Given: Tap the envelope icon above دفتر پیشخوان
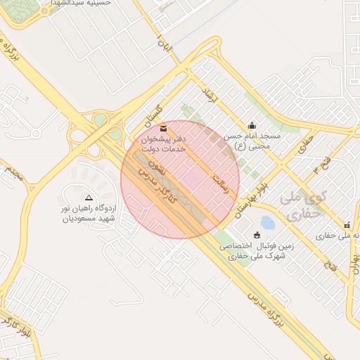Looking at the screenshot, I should click(x=164, y=129).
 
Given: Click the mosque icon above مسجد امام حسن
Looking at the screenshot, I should click(x=252, y=125).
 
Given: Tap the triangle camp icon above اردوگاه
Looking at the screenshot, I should click(x=89, y=198).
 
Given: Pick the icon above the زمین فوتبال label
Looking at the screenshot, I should click(x=256, y=235).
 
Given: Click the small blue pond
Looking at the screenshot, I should click(x=267, y=223).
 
